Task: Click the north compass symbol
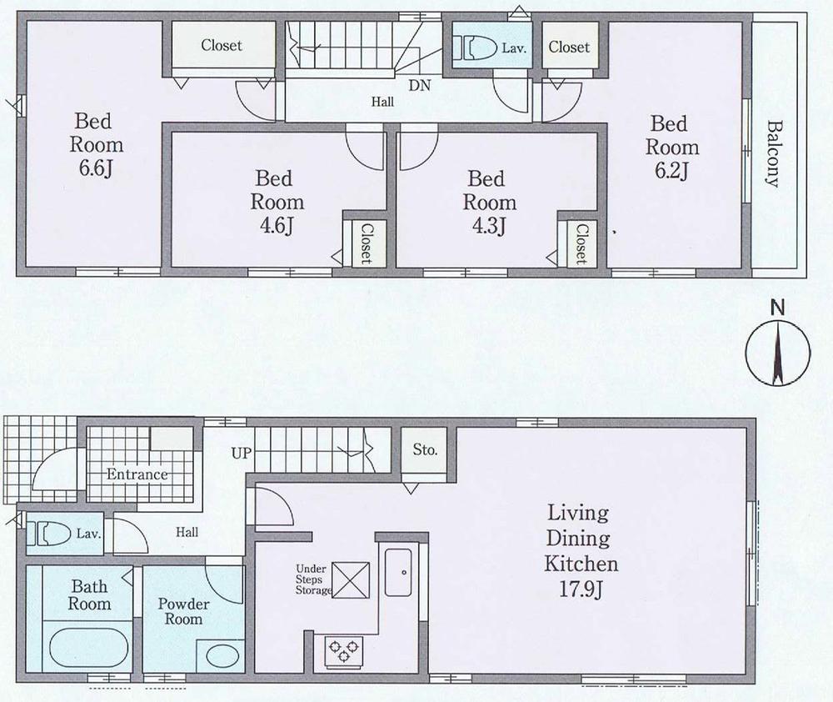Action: (776, 354)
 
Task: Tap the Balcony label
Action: (775, 154)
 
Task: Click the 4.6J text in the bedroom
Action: (272, 227)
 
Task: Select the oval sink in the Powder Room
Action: (222, 654)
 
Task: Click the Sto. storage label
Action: (425, 451)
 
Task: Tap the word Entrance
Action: (137, 474)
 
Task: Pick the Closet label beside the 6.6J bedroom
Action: (222, 46)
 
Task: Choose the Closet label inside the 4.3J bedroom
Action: (580, 243)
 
